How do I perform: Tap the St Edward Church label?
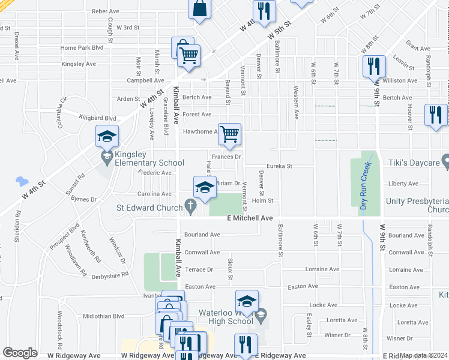(149, 208)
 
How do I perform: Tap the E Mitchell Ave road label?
(250, 219)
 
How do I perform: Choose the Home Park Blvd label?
(82, 47)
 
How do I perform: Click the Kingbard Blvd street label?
(98, 119)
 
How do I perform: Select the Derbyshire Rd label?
(110, 275)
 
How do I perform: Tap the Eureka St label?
(279, 166)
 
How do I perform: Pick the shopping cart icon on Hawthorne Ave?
(229, 134)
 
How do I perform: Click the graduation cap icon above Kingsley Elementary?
(107, 136)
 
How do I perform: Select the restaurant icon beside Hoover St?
(435, 115)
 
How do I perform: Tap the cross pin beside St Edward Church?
(190, 208)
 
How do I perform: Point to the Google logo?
(20, 353)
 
